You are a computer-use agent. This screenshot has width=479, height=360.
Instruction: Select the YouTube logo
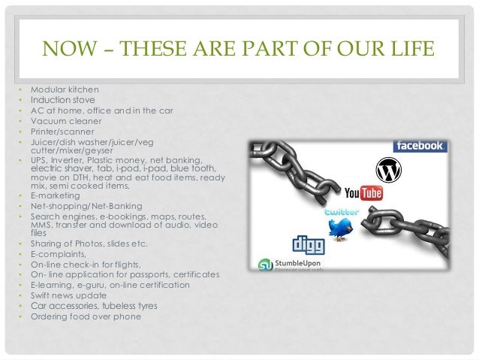pyautogui.click(x=363, y=194)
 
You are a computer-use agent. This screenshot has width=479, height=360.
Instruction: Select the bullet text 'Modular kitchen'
pyautogui.click(x=64, y=89)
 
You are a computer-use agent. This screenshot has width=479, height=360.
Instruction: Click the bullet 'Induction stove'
pyautogui.click(x=62, y=99)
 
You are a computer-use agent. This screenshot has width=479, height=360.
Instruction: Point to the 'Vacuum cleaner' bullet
pyautogui.click(x=66, y=120)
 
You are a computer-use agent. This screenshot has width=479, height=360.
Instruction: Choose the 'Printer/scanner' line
pyautogui.click(x=63, y=131)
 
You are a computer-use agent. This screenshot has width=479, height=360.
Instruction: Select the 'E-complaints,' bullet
pyautogui.click(x=59, y=254)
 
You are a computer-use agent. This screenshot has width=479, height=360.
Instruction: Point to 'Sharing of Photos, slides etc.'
pyautogui.click(x=89, y=244)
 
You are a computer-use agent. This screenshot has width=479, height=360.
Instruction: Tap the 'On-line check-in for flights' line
pyautogui.click(x=84, y=265)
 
